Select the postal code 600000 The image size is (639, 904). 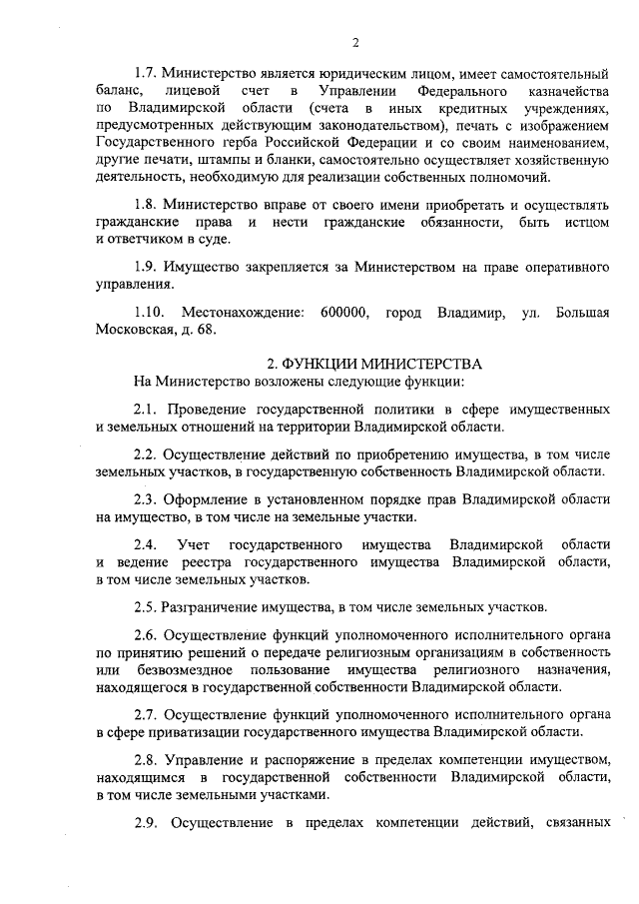coord(344,315)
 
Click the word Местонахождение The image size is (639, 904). coord(243,315)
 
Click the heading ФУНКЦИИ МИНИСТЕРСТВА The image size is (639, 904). coord(374,364)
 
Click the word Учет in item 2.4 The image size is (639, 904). coord(193,544)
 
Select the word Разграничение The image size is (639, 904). coord(217,605)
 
